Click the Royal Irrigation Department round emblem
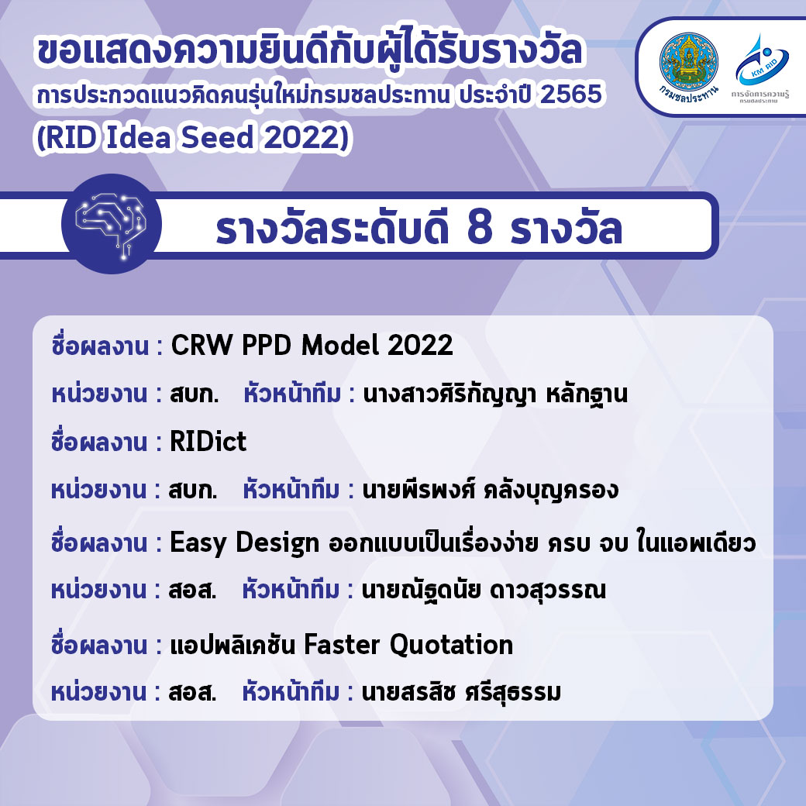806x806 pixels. [x=688, y=62]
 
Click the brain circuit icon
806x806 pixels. [x=111, y=224]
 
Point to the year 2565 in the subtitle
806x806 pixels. [x=571, y=95]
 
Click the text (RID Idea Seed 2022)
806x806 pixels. [x=193, y=137]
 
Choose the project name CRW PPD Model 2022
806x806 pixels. [x=312, y=345]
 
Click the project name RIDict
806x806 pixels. [x=208, y=442]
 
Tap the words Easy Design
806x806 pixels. [x=245, y=542]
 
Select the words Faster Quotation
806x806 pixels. [x=408, y=645]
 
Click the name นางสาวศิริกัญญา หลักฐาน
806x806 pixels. [x=495, y=394]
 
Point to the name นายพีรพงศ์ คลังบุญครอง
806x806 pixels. [x=491, y=491]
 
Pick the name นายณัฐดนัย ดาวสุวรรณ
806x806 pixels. [x=484, y=591]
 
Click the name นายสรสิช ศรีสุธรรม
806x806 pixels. [x=461, y=692]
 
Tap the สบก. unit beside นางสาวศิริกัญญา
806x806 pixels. [x=195, y=394]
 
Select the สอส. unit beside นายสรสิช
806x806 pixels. [x=193, y=692]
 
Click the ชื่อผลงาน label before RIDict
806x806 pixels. [x=99, y=442]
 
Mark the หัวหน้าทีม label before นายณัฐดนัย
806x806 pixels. [x=291, y=590]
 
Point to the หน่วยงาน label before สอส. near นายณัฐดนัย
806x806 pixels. [x=98, y=591]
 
